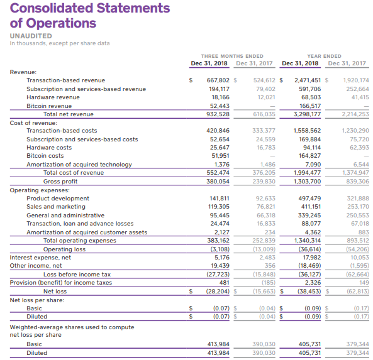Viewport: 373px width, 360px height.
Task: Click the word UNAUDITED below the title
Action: click(x=31, y=36)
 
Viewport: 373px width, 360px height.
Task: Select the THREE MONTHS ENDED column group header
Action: click(x=232, y=56)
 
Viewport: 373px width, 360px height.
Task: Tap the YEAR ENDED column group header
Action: click(x=324, y=56)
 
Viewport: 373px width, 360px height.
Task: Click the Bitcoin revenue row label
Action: click(x=49, y=106)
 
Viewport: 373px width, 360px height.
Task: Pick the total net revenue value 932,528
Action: click(x=218, y=114)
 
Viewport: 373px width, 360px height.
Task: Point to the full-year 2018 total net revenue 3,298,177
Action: click(x=307, y=114)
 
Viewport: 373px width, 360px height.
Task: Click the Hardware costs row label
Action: click(x=49, y=148)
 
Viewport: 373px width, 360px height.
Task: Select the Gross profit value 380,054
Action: click(x=218, y=182)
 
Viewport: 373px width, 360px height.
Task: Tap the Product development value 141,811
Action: click(x=220, y=199)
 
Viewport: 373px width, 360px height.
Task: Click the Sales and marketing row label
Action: click(x=56, y=207)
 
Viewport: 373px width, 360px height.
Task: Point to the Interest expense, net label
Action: click(x=40, y=258)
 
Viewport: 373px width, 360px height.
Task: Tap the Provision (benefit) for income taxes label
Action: click(x=60, y=283)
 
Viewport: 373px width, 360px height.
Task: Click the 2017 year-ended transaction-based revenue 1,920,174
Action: click(x=356, y=80)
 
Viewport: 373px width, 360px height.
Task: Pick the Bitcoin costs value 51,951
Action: click(x=221, y=156)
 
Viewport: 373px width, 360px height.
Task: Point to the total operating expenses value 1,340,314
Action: click(x=308, y=241)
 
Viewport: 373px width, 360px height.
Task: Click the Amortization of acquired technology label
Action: click(x=79, y=165)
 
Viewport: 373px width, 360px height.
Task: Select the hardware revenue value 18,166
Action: click(x=221, y=97)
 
